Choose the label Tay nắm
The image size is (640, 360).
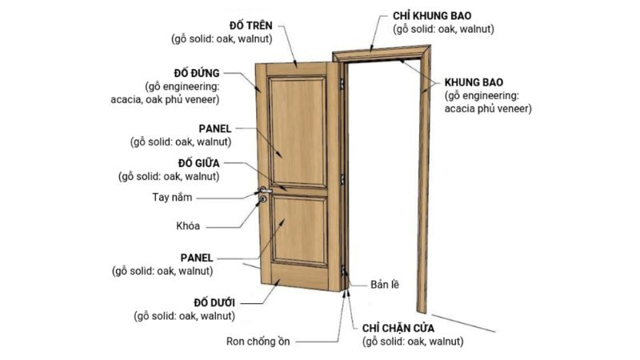click(172, 196)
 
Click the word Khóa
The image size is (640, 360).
click(188, 226)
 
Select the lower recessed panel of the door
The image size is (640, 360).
click(298, 232)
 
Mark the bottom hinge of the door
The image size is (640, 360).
click(343, 272)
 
